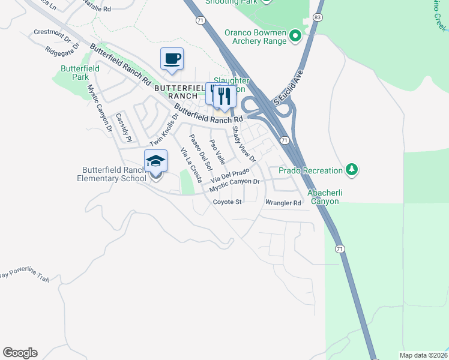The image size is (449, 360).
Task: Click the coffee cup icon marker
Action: (x=172, y=59)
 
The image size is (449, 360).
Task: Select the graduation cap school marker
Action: (x=155, y=161)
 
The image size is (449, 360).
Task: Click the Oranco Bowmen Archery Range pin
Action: (x=295, y=37)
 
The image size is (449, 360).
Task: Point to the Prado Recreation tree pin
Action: (x=352, y=170)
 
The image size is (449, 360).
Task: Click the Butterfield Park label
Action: (x=80, y=73)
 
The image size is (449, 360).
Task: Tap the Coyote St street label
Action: (x=227, y=202)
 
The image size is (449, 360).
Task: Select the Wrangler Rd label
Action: (x=283, y=203)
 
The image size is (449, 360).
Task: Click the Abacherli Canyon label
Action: (x=324, y=197)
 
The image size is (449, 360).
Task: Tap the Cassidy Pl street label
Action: (x=123, y=127)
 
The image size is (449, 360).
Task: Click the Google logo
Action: (x=20, y=353)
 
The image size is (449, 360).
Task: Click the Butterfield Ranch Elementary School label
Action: (x=112, y=174)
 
